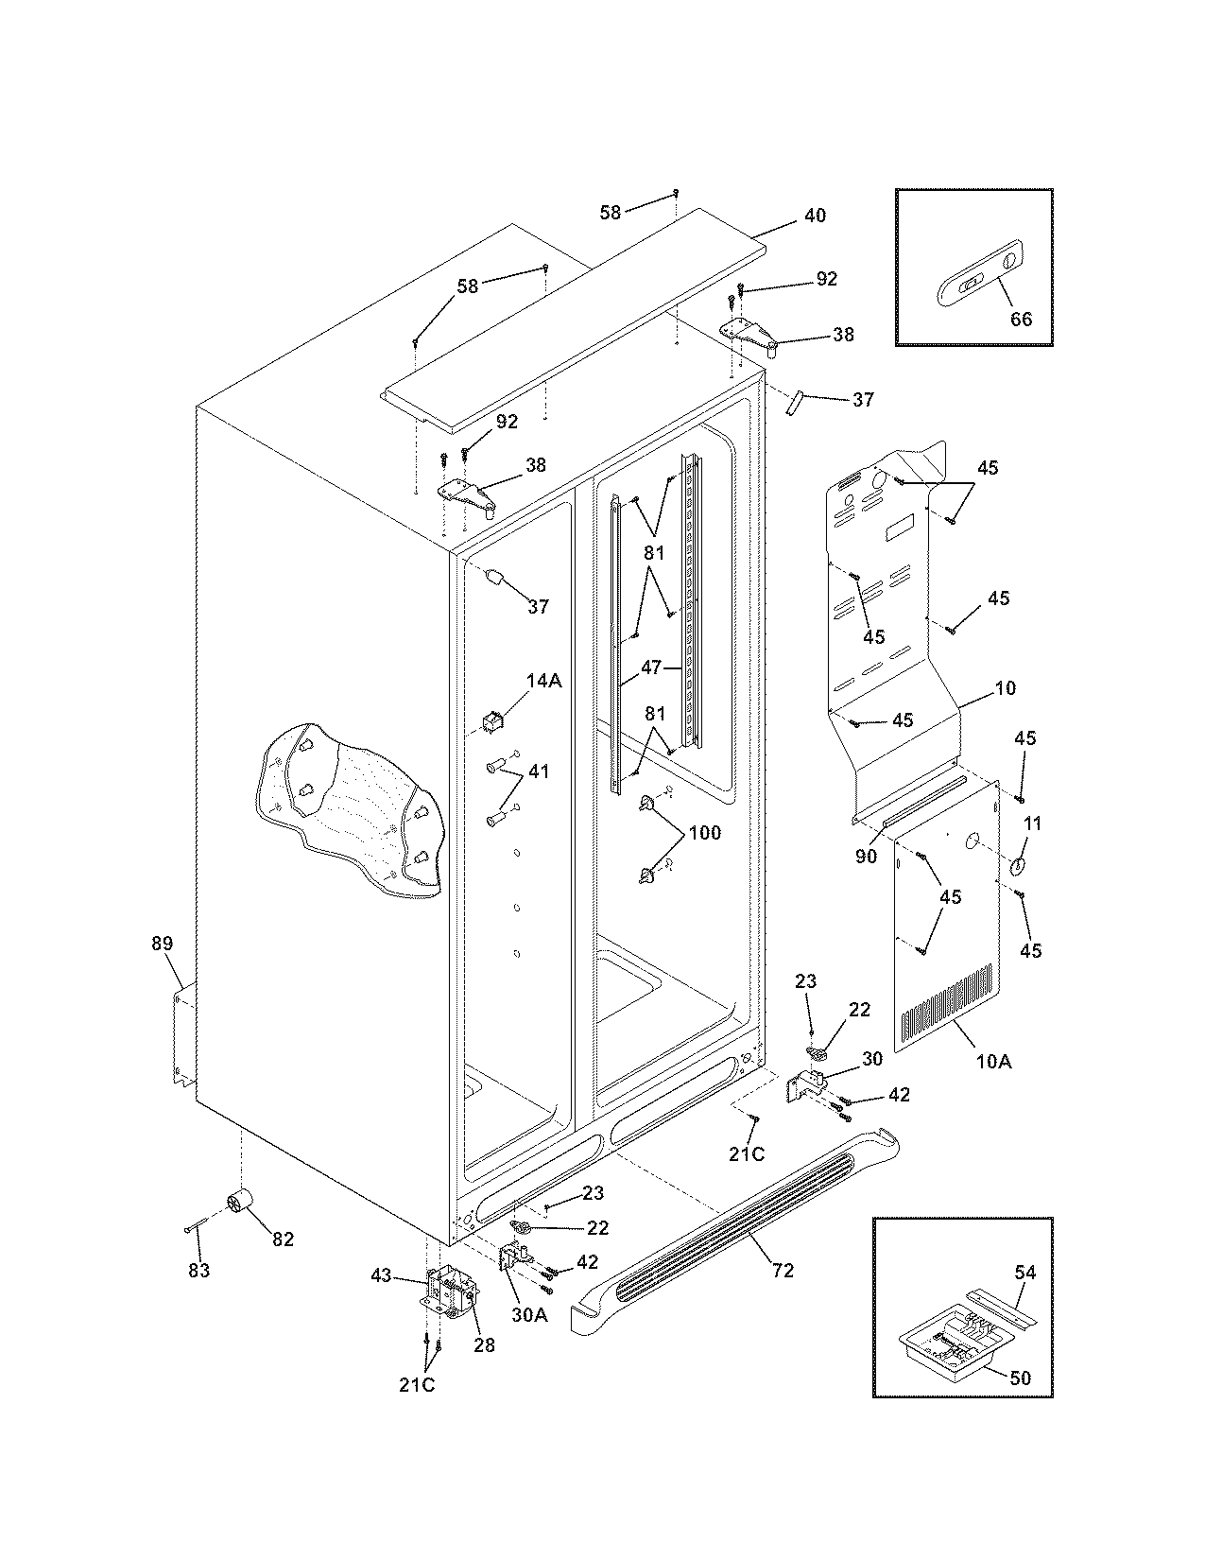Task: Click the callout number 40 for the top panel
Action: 814,216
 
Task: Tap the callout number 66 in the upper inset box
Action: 1021,319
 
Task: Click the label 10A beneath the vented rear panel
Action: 992,1062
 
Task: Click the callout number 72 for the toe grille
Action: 783,1271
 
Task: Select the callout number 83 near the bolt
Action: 198,1271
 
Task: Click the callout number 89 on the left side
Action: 163,943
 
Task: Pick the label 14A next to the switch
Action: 543,681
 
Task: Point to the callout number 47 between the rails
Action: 651,667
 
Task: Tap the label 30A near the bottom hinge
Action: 529,1314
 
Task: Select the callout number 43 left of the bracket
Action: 381,1275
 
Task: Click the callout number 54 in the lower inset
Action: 1024,1273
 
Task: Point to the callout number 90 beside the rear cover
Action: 866,857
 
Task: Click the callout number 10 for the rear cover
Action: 1006,688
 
